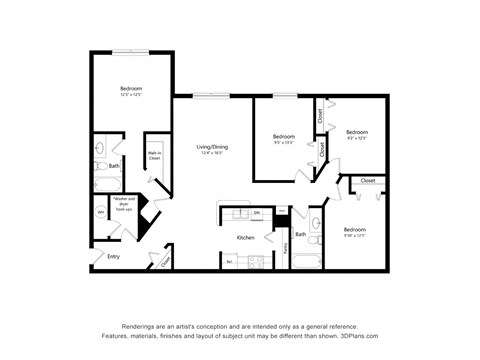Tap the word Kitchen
tap(246, 238)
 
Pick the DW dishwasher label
tap(257, 213)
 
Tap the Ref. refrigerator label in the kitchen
tap(230, 262)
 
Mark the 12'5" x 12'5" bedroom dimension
tap(131, 96)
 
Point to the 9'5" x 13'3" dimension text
tap(284, 142)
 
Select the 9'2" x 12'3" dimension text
tap(357, 138)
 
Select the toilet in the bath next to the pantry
tap(315, 245)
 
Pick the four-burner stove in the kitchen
tap(254, 262)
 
